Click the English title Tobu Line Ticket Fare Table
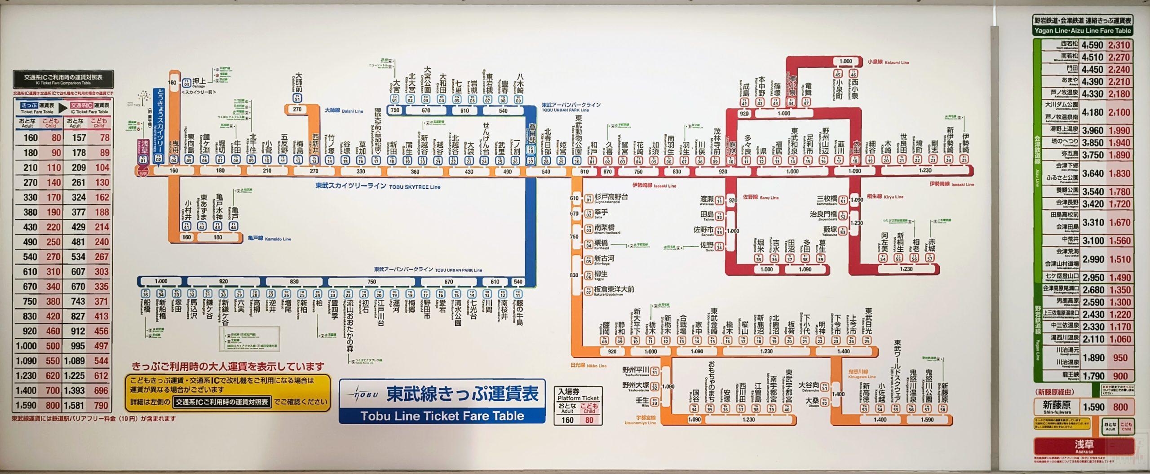click(x=442, y=416)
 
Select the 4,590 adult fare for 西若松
click(x=1092, y=45)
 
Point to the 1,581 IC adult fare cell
click(x=74, y=405)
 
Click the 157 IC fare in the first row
click(x=79, y=138)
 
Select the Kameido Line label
click(x=269, y=239)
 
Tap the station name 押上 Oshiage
click(x=199, y=82)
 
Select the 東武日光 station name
click(x=868, y=320)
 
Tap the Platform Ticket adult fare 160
click(x=567, y=420)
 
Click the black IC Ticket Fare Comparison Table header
click(x=63, y=79)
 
